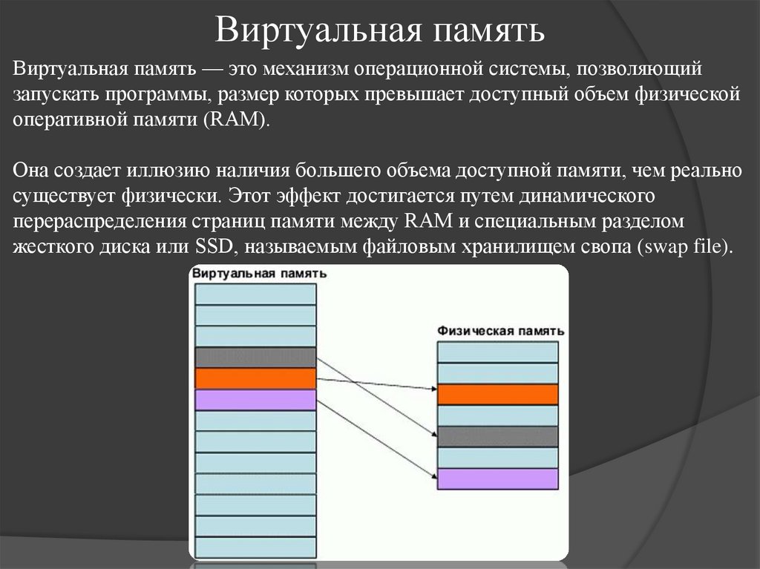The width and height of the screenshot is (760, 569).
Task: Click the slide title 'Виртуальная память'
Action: (x=380, y=32)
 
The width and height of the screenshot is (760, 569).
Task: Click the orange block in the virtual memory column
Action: (x=255, y=378)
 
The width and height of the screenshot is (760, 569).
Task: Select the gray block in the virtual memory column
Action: (x=255, y=357)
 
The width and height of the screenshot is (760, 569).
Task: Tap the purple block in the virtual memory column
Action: (x=255, y=400)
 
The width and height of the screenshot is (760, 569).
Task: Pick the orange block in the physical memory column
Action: (x=497, y=394)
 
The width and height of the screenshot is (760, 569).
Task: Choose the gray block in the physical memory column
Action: (x=497, y=436)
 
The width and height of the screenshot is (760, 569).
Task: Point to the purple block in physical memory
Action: (x=497, y=478)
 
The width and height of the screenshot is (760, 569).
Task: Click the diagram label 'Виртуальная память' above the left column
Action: (x=259, y=274)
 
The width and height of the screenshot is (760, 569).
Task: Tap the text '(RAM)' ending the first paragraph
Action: (x=238, y=121)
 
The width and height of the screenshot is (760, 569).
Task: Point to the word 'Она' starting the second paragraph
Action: (x=33, y=171)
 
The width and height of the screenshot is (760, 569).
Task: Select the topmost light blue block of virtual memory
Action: (x=255, y=294)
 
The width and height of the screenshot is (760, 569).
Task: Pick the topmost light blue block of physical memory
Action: (x=497, y=352)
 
